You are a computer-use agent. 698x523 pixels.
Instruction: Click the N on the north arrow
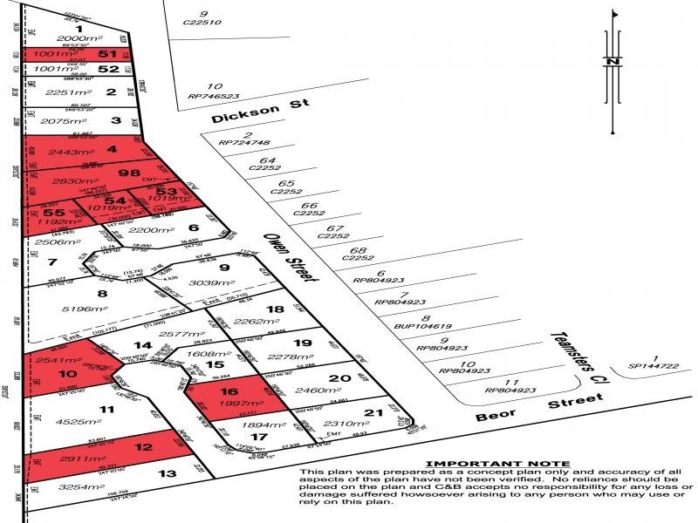pyautogui.click(x=613, y=62)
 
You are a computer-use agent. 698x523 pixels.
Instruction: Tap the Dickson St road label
pyautogui.click(x=249, y=112)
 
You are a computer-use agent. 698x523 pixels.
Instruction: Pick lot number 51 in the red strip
pyautogui.click(x=109, y=54)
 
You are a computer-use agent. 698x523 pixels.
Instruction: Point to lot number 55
pyautogui.click(x=52, y=212)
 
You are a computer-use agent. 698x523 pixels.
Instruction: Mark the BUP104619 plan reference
pyautogui.click(x=401, y=330)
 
